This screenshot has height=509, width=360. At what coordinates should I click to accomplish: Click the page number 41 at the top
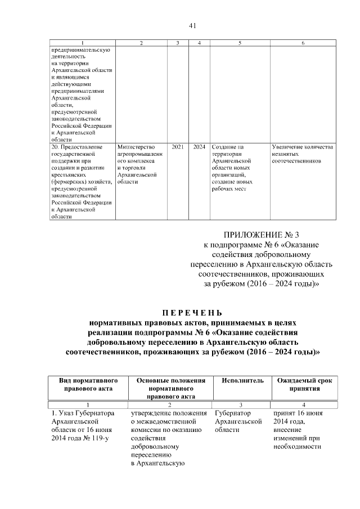pos(192,25)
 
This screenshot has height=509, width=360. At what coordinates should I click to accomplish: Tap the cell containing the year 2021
pos(177,147)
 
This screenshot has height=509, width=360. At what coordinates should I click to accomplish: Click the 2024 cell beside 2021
pos(199,147)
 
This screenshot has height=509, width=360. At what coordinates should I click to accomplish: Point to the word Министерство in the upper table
pos(137,147)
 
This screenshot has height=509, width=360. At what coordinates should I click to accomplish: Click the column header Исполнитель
pos(242,381)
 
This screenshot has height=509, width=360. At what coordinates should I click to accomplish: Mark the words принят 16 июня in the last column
pos(298,413)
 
